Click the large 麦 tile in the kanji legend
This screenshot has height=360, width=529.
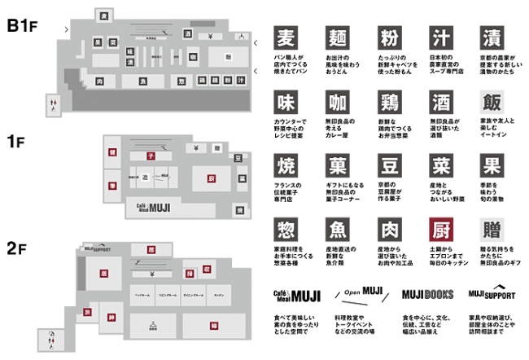coord(286,39)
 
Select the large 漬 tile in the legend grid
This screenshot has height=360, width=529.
coord(492,39)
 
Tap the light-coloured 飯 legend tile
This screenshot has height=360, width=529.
coord(492,103)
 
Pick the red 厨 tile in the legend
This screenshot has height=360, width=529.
coord(440,230)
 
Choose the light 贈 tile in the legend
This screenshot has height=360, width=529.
coord(492,230)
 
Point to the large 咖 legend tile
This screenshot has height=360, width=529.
coord(337,103)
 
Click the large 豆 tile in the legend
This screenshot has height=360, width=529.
coord(389,166)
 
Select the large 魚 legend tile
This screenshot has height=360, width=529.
coord(337,230)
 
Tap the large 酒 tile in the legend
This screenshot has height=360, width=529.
coord(440,103)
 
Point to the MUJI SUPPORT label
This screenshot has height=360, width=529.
coord(98,248)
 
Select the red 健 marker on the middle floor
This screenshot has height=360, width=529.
coord(112,152)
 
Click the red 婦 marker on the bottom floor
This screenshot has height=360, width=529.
coord(213,326)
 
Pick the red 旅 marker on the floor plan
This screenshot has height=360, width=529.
coord(87,312)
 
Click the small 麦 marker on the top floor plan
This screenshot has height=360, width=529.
coord(103,15)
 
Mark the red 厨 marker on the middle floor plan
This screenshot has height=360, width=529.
coord(210,177)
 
